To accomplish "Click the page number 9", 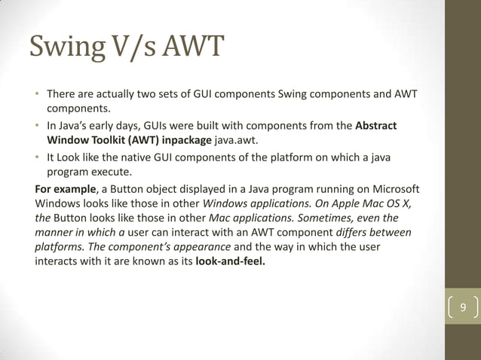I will tap(463, 308).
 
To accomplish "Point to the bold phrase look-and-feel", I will tap(230, 263).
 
